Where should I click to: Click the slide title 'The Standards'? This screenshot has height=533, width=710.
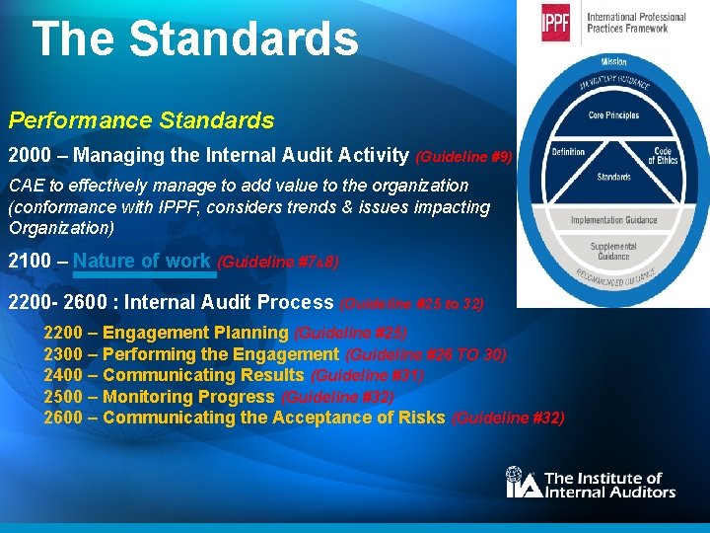pos(195,39)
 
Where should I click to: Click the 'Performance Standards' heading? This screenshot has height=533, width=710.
pos(141,121)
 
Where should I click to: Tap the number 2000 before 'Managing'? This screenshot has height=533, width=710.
pos(30,155)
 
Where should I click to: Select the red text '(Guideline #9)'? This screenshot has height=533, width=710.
pos(463,156)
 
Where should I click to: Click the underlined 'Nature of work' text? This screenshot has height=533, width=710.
pos(142,262)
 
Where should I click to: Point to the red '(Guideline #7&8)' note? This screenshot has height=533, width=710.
pos(278,263)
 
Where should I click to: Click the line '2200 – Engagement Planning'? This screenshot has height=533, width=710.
pos(166,333)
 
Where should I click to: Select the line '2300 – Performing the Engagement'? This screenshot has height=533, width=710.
pos(191,353)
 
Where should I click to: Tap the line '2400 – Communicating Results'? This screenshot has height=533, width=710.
pos(174,375)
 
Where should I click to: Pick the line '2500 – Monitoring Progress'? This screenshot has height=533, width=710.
pos(159,397)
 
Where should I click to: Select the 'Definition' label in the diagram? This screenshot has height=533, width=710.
pos(569,152)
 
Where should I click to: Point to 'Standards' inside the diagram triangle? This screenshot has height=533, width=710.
pos(613,178)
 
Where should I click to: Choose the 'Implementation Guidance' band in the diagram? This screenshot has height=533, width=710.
pos(613,220)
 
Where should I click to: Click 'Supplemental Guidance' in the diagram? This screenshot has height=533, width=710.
pos(613,251)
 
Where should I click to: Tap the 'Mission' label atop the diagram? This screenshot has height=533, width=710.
pos(613,62)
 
